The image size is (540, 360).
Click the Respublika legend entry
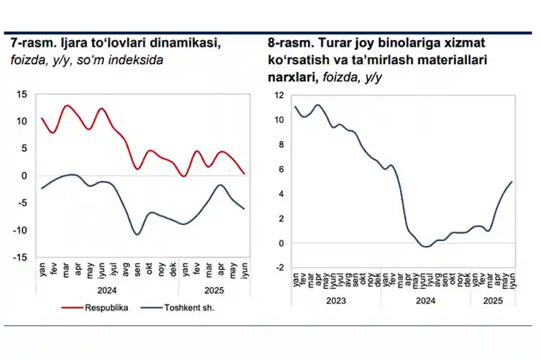(x=106, y=307)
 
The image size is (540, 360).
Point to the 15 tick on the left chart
(x=22, y=94)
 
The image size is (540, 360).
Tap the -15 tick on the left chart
(x=20, y=258)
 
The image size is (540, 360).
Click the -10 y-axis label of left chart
(x=20, y=231)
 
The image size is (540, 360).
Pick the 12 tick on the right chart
(x=279, y=95)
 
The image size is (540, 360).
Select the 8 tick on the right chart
(x=281, y=144)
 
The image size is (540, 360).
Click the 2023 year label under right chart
(x=336, y=300)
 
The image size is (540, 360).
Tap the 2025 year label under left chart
(x=213, y=289)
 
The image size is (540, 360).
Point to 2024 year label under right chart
(x=425, y=300)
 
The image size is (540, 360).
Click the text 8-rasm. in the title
(x=291, y=43)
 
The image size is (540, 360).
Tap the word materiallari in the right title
(x=451, y=60)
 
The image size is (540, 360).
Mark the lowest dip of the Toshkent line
(x=136, y=234)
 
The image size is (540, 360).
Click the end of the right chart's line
(x=511, y=182)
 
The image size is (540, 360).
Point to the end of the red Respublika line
(x=244, y=174)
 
